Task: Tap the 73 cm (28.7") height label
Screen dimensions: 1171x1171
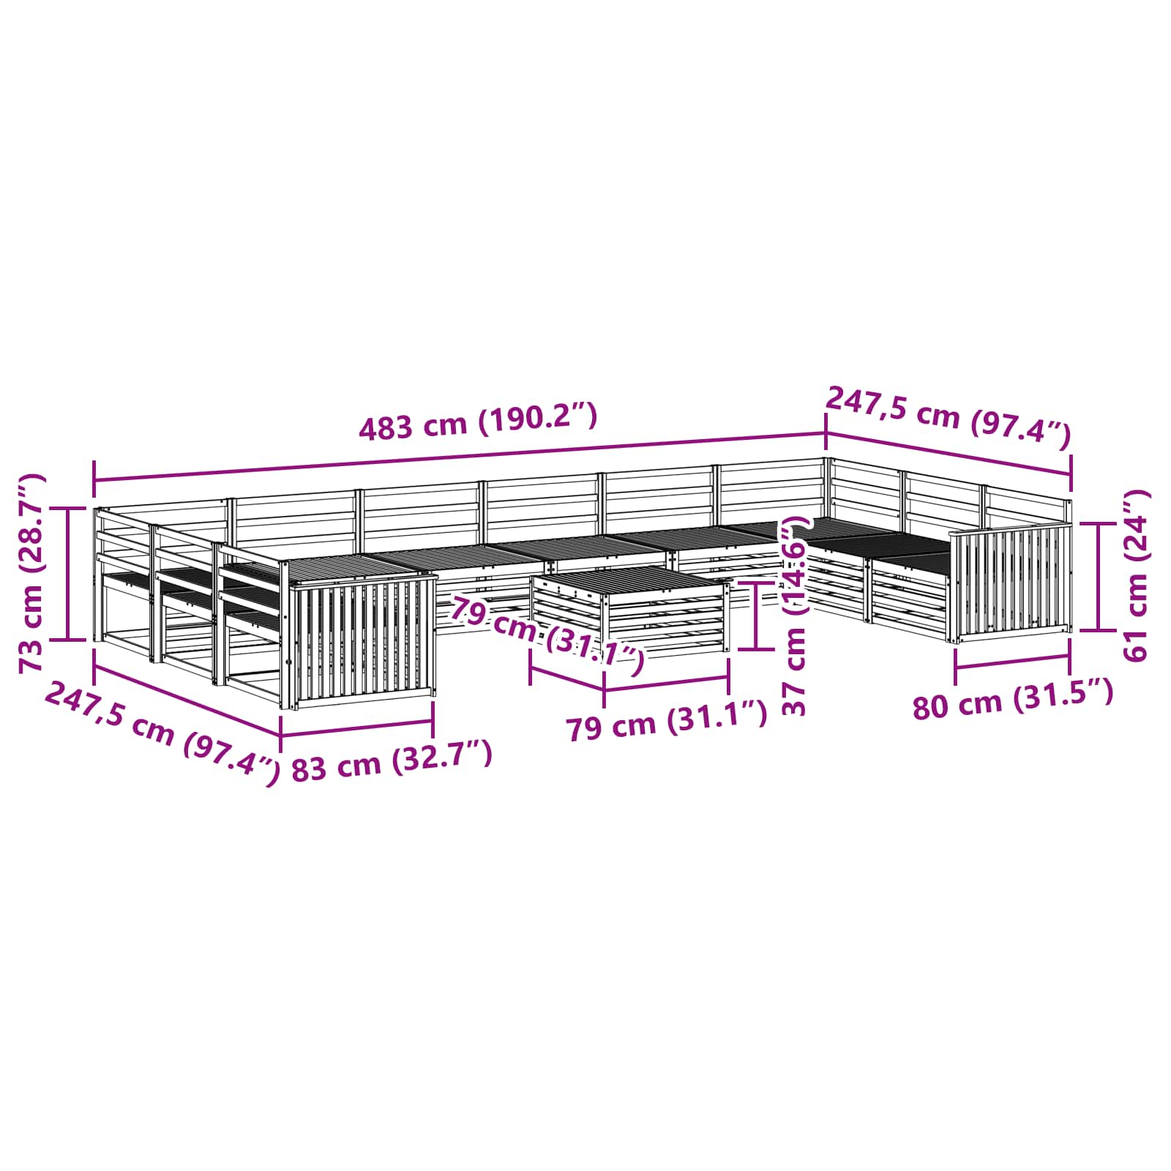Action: pos(32,572)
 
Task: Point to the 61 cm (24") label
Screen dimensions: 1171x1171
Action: pos(1135,576)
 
